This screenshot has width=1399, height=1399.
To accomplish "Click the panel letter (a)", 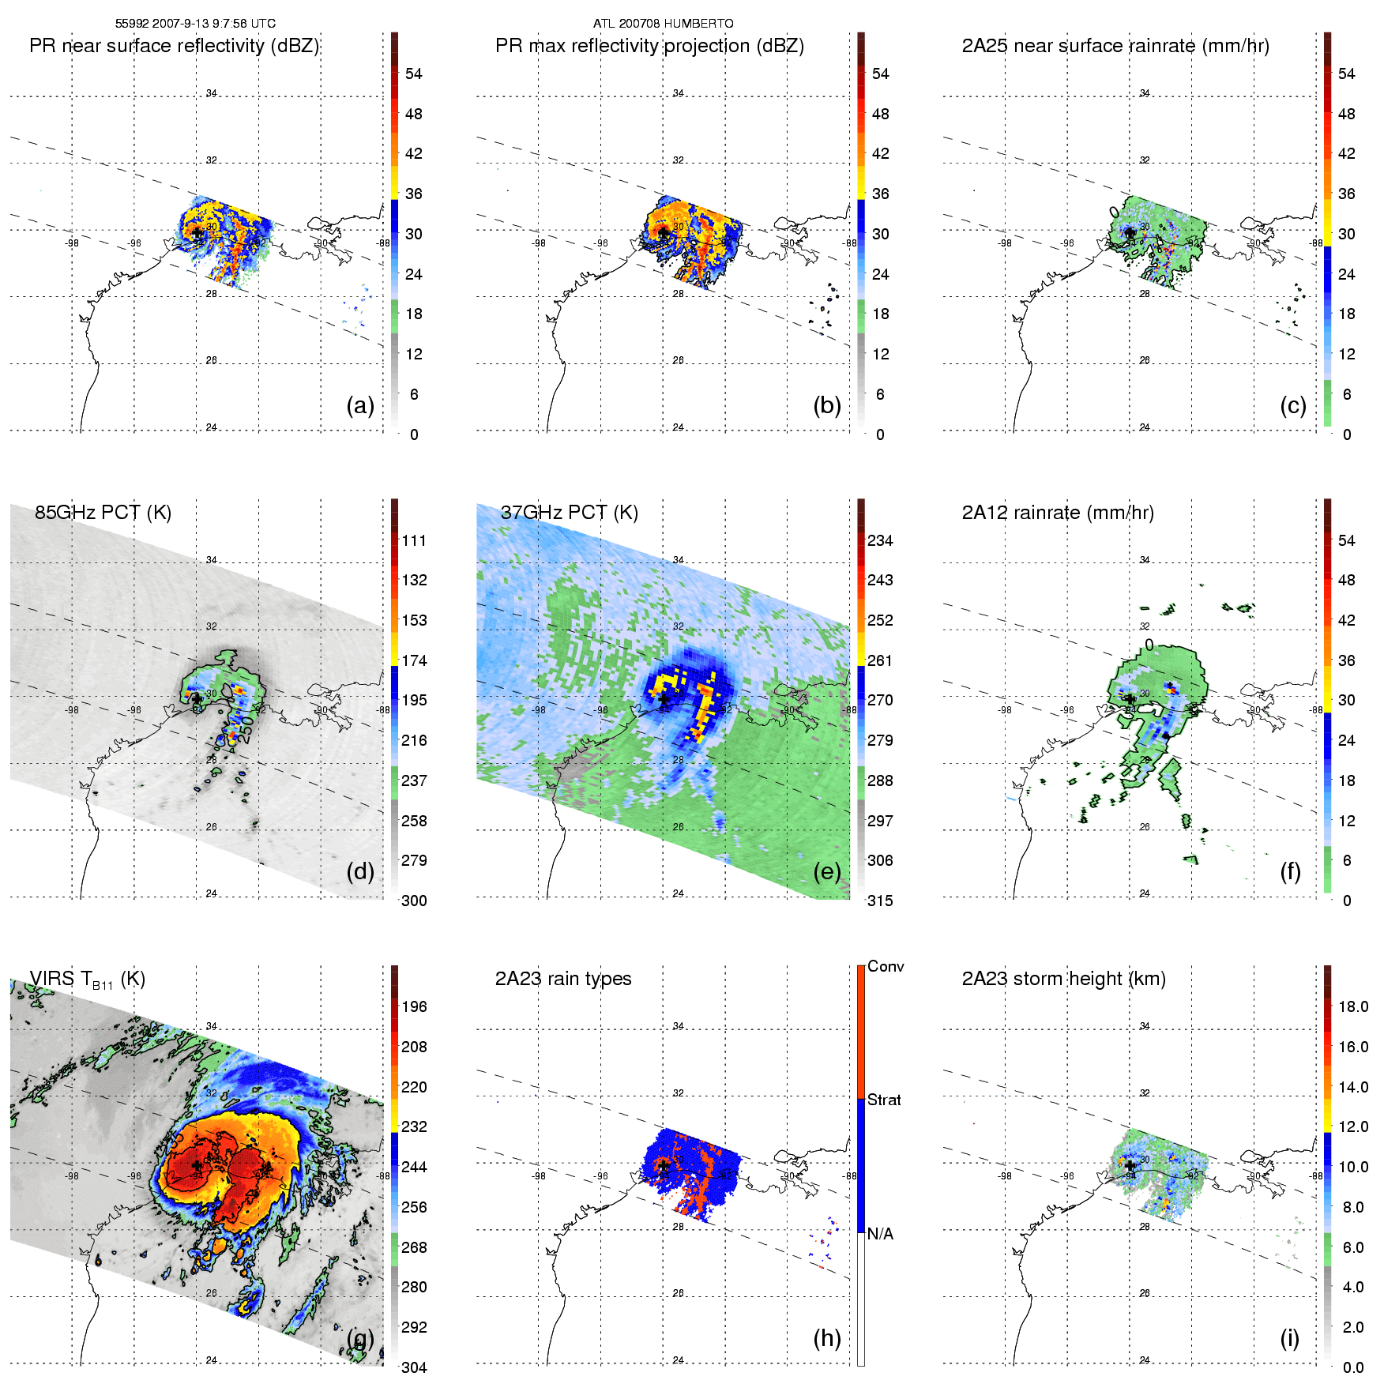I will pos(359,405).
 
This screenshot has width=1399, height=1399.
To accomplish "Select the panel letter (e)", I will pos(826,871).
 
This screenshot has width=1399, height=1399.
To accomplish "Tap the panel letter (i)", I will pos(1289,1338).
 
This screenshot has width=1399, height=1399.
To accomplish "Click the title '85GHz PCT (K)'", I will pos(103,512).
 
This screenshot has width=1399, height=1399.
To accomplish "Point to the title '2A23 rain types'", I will pos(562,979).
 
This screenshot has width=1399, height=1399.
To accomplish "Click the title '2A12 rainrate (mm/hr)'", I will pos(1057,512).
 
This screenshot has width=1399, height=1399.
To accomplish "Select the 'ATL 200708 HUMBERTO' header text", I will pos(663,24).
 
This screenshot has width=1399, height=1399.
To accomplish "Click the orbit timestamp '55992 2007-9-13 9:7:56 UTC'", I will pos(195,24).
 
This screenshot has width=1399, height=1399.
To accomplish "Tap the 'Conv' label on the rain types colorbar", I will pos(885,966).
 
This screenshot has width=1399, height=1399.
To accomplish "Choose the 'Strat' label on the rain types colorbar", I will pos(883,1100).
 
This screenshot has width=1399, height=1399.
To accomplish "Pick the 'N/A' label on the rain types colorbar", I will pos(879,1234).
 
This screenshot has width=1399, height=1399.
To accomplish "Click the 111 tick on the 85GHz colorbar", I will pos(414,540).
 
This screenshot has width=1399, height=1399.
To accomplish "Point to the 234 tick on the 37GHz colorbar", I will pos(880,540).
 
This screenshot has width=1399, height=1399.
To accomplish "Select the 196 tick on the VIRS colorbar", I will pos(414,1006).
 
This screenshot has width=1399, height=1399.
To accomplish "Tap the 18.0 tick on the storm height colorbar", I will pos(1352,1006).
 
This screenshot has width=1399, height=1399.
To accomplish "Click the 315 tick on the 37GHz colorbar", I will pos(880,901).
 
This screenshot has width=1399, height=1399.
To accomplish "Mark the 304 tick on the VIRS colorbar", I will pos(414,1367).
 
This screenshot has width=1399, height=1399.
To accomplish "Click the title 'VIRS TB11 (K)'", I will pos(87,980).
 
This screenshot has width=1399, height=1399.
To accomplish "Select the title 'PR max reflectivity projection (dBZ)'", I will pos(649,46).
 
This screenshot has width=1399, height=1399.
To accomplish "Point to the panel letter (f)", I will pos(1289,871).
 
